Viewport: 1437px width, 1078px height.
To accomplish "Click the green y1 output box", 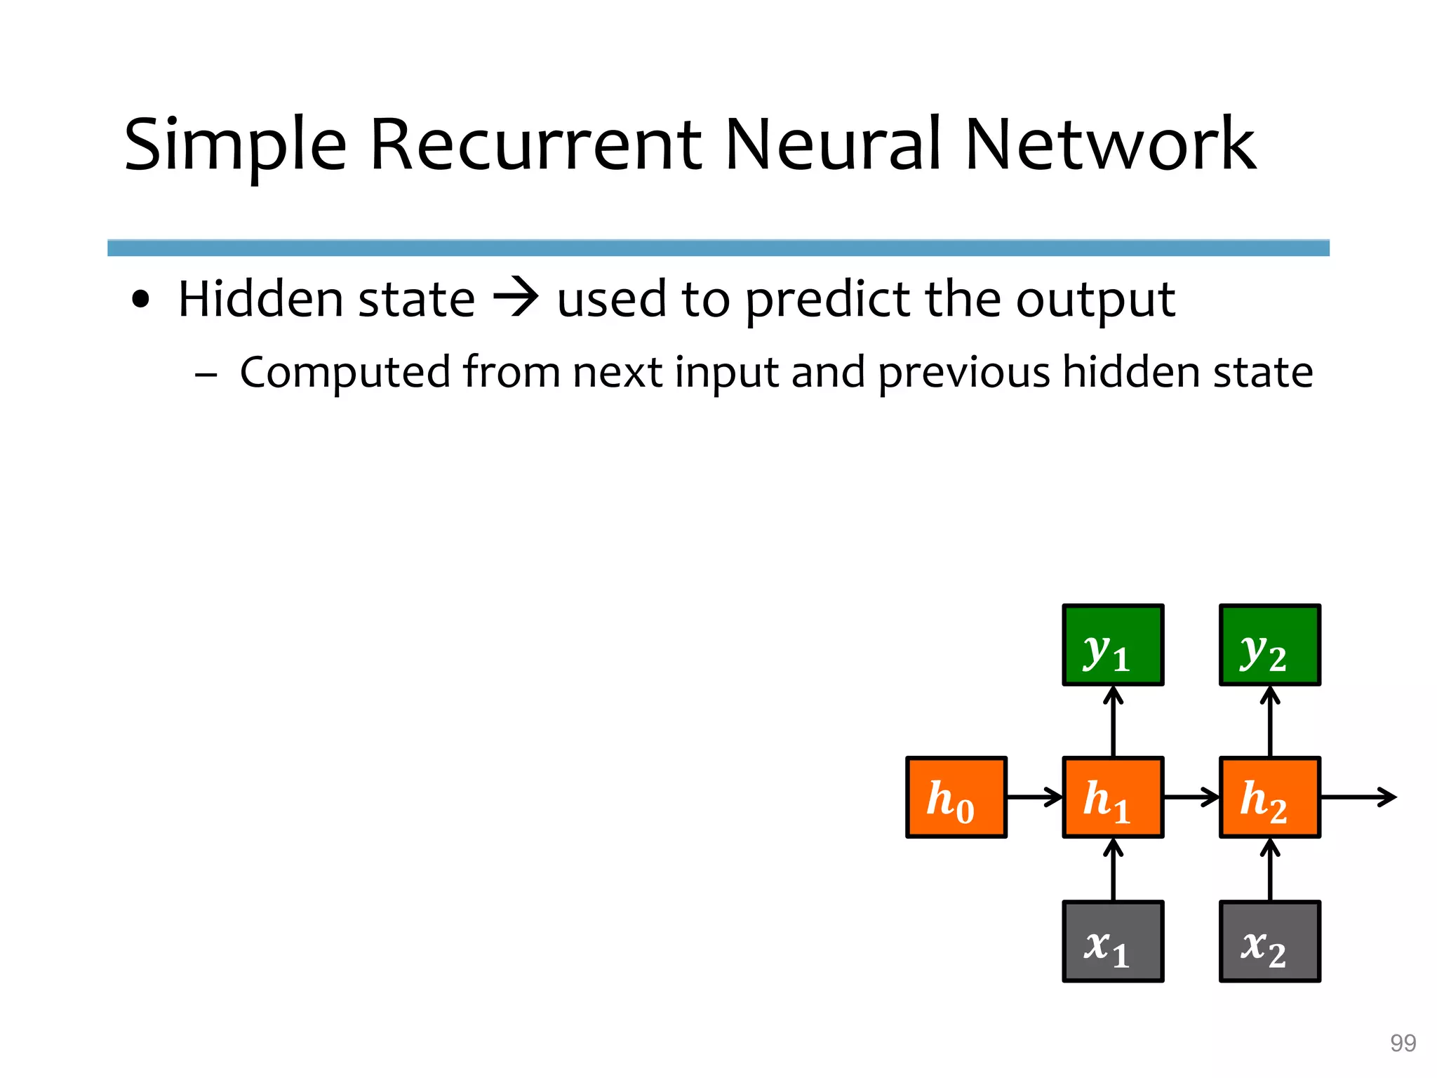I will click(1113, 645).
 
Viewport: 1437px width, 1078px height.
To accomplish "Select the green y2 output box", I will click(1270, 645).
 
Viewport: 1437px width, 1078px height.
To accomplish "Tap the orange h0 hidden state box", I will click(956, 797).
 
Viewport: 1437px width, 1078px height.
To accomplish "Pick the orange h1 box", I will click(1113, 797).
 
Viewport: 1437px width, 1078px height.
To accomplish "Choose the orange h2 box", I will click(1270, 797).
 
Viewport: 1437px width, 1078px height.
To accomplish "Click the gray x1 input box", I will click(1113, 942).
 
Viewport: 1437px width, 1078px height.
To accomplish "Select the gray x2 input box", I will click(1270, 942).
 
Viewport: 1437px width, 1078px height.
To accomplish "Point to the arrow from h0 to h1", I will click(1035, 797).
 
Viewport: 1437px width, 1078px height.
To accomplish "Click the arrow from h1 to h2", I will click(1191, 797).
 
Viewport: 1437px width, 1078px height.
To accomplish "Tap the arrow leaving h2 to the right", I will click(1358, 797).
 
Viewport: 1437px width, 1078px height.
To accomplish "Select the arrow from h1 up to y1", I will click(1114, 721).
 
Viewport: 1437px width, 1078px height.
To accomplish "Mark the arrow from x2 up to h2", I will click(1270, 870).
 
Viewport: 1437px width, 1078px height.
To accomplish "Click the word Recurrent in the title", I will click(535, 145).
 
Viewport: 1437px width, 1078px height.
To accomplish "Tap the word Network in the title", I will click(1111, 145).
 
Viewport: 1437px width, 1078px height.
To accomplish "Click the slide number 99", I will click(1403, 1043).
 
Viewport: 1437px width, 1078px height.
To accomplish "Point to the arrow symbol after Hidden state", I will click(516, 298).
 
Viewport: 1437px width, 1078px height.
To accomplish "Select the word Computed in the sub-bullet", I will click(345, 372).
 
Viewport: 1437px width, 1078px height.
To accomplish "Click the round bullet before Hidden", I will click(141, 300).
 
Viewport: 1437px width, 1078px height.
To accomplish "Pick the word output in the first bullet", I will click(1095, 300).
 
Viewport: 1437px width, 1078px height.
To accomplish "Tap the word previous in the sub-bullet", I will click(964, 372).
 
